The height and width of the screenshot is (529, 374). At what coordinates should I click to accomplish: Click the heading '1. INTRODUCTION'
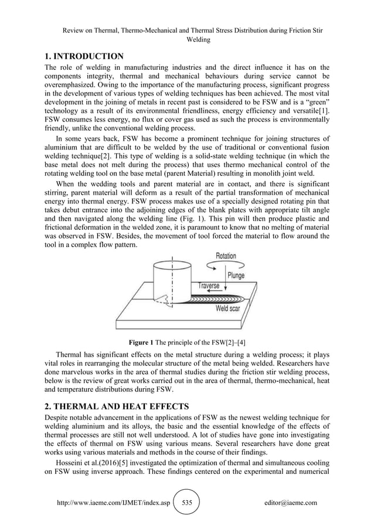click(x=84, y=56)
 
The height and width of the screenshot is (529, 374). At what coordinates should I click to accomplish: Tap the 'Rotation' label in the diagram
click(x=226, y=256)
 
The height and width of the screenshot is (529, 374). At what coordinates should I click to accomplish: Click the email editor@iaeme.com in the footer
click(x=291, y=503)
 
